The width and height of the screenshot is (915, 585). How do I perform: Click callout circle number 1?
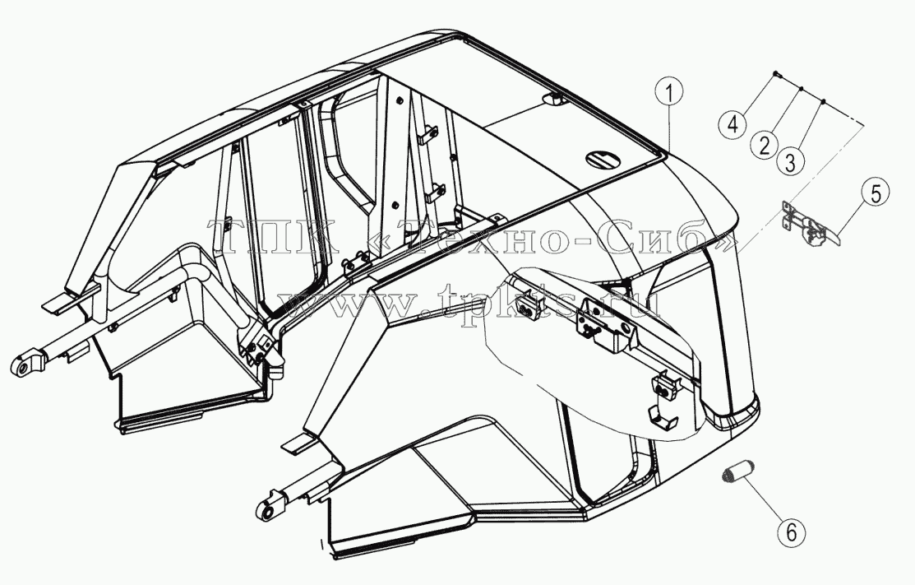tap(670, 93)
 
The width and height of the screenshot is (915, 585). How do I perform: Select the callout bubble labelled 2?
tap(765, 144)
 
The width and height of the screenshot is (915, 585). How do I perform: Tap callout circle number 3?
tap(790, 160)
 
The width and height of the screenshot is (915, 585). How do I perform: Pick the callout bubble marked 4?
tap(733, 123)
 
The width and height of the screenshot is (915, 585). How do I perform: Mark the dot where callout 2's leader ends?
tap(802, 89)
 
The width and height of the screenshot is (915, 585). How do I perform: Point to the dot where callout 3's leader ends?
tap(823, 101)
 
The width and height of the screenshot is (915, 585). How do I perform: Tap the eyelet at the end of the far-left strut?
tap(25, 362)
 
